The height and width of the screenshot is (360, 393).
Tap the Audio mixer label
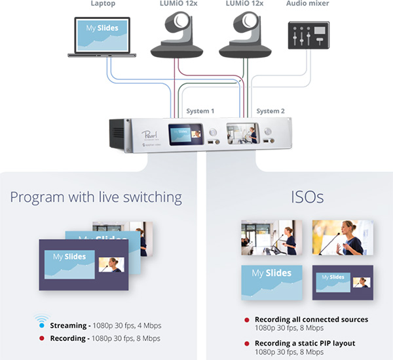309,5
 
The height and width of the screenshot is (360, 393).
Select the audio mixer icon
308,35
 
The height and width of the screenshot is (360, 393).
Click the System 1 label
200,111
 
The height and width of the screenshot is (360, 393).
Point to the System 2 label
271,111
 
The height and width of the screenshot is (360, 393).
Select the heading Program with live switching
96,197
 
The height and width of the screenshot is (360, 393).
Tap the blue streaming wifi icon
41,323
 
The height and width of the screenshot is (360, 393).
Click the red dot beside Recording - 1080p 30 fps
41,338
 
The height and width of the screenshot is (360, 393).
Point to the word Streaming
68,325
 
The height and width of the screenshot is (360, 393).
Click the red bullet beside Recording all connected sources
247,320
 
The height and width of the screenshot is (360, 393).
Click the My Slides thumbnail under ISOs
271,283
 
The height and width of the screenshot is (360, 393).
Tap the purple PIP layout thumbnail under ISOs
343,283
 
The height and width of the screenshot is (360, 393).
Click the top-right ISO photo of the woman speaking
343,237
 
